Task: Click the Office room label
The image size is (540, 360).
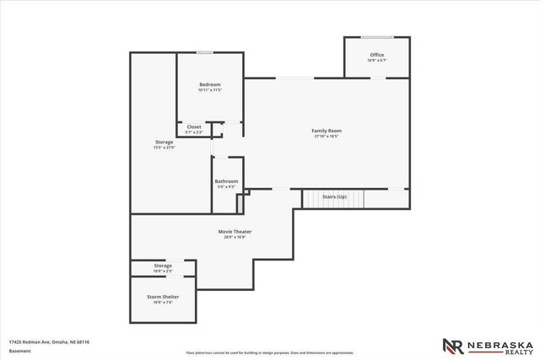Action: pos(376,55)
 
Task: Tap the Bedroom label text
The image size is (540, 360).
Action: pos(209,84)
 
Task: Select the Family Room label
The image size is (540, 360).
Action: pos(327,131)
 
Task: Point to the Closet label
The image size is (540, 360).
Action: pos(194,127)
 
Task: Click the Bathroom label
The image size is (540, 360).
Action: pos(226,181)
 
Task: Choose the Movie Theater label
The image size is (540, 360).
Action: pos(237,231)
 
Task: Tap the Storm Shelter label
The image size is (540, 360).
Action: pos(163,297)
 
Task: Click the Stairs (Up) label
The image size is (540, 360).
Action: pos(335,196)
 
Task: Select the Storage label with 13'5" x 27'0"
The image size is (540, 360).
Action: pos(164,142)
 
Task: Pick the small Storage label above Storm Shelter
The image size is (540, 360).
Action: pos(163,266)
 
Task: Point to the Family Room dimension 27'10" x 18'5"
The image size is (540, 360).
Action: pos(327,137)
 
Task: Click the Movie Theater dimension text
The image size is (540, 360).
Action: pos(237,237)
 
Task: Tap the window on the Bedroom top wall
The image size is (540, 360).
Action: pos(205,53)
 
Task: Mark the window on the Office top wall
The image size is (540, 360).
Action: pos(376,36)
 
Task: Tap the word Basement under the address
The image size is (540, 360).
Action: pos(19,349)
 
